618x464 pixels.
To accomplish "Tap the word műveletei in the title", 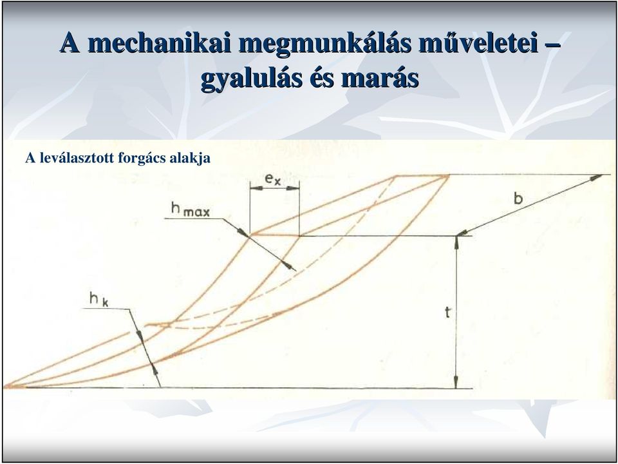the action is click(478, 43).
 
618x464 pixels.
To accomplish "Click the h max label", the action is click(191, 209).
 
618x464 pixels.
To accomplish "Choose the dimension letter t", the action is click(448, 313).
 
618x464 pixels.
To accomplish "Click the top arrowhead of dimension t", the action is click(456, 242).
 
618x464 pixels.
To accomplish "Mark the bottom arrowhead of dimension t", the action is click(456, 382).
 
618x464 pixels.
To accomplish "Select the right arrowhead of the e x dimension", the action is click(293, 189).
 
